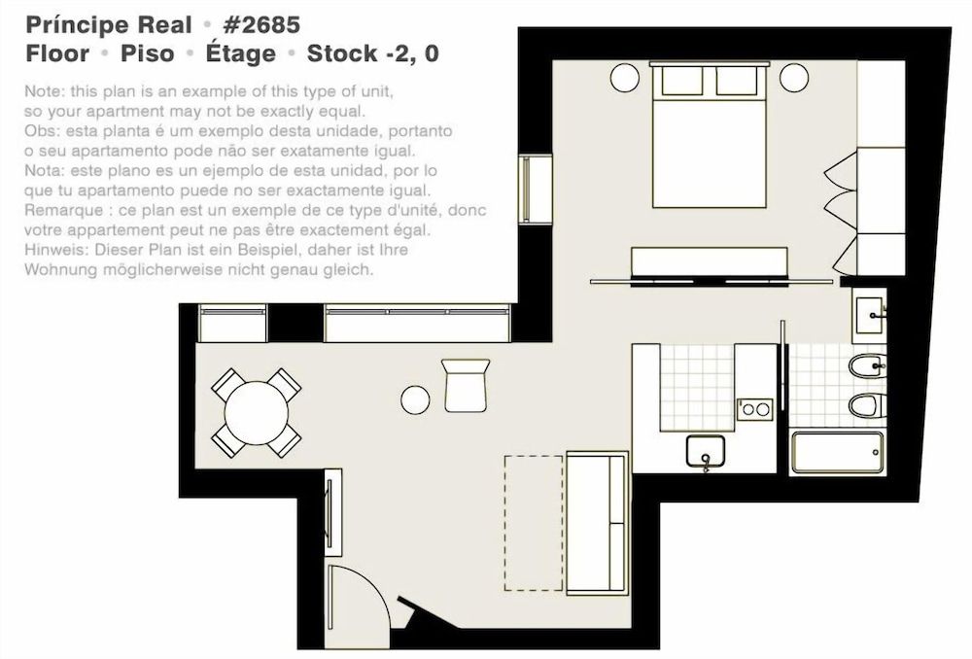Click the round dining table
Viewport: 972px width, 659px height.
click(x=256, y=412)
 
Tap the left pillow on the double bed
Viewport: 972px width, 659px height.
click(x=682, y=82)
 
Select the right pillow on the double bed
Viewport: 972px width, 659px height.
click(x=736, y=82)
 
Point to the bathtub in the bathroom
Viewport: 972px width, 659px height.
click(x=837, y=452)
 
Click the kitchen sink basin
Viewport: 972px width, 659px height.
click(x=705, y=452)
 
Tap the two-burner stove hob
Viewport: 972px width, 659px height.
click(x=754, y=409)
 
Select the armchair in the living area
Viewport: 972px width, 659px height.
click(x=465, y=385)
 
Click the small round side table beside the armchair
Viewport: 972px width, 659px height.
click(x=415, y=399)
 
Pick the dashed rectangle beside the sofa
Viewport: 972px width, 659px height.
click(x=533, y=523)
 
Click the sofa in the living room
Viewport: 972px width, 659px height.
click(x=597, y=522)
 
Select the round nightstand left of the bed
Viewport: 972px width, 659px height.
click(x=624, y=78)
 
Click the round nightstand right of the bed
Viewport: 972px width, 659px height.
click(x=794, y=78)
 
